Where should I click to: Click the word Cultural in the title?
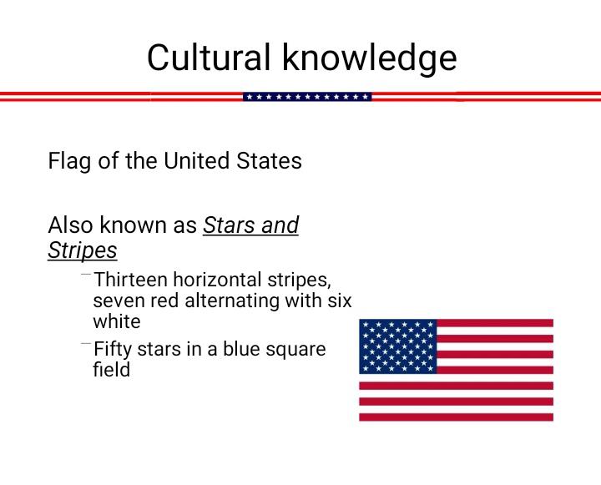[209, 57]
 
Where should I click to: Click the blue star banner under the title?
[307, 97]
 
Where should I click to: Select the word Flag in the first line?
[69, 161]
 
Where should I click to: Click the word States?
[269, 160]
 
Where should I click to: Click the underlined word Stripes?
[83, 251]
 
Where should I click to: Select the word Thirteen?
[130, 280]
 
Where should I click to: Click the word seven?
[119, 301]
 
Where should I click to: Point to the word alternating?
[232, 301]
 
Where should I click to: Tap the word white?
[117, 321]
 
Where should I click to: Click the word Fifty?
[113, 349]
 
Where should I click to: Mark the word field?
[112, 369]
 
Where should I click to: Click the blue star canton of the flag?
[398, 346]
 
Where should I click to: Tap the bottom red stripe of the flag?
[456, 417]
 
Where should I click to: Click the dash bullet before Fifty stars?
[86, 344]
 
